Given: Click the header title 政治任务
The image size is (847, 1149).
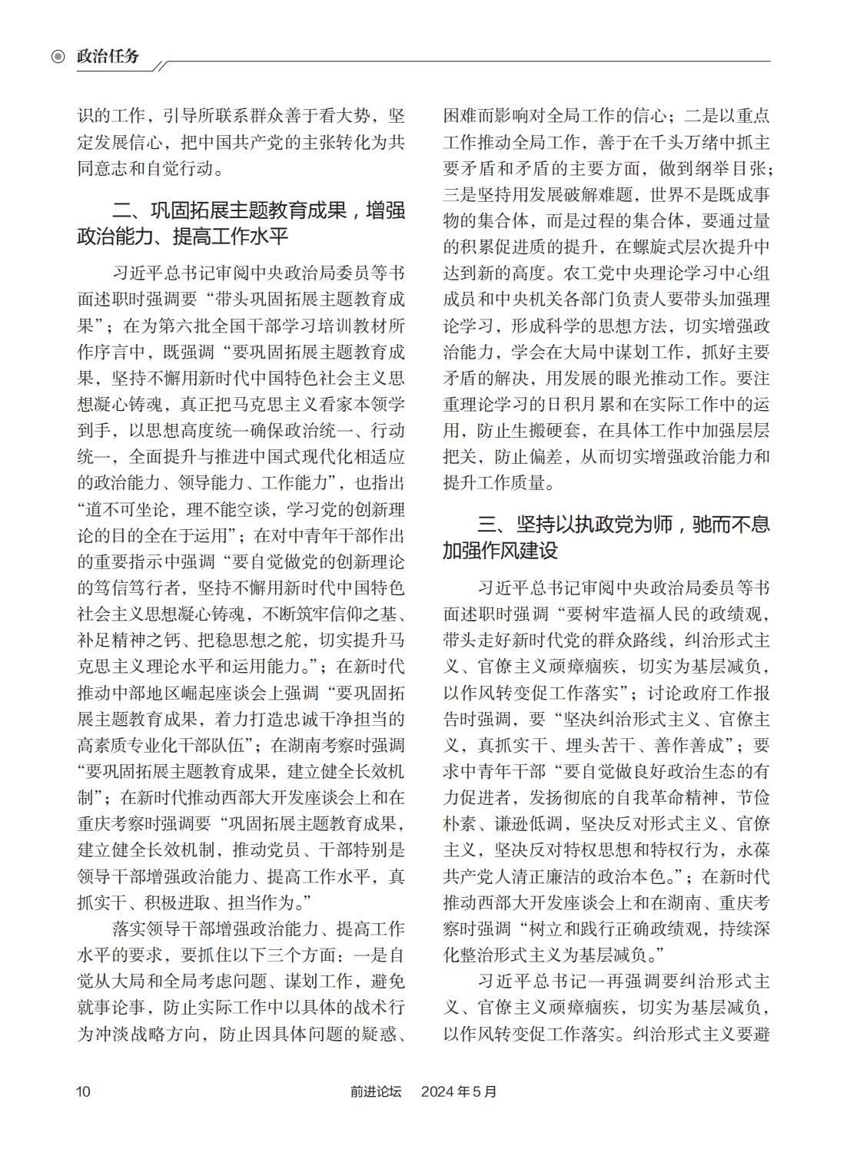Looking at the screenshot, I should pos(108,57).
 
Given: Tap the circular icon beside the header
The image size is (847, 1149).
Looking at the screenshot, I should pos(58,57).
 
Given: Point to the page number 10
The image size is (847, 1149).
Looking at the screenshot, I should pos(83,1091).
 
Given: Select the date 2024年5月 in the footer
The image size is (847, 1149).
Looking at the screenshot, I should pos(459,1091).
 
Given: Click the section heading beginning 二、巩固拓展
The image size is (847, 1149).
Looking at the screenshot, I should pos(241,223).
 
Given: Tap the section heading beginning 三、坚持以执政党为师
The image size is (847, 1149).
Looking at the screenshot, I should pos(606,538).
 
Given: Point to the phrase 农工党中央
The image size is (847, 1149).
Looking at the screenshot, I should pos(606,273).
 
